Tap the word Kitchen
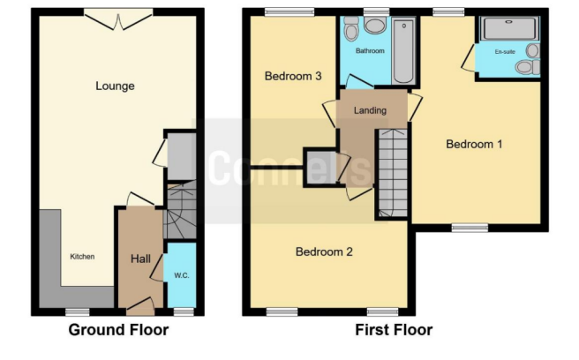[x=82, y=257]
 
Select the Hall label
[x=140, y=259]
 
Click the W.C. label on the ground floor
[x=182, y=275]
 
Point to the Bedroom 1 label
[x=473, y=145]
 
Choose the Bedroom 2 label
[x=323, y=252]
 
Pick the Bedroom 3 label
[x=293, y=77]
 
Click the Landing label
[x=371, y=111]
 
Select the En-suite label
[x=504, y=52]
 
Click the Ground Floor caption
[x=119, y=331]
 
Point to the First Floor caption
[x=395, y=331]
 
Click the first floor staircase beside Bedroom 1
[x=393, y=172]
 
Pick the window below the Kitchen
[x=77, y=311]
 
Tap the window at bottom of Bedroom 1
[x=470, y=228]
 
